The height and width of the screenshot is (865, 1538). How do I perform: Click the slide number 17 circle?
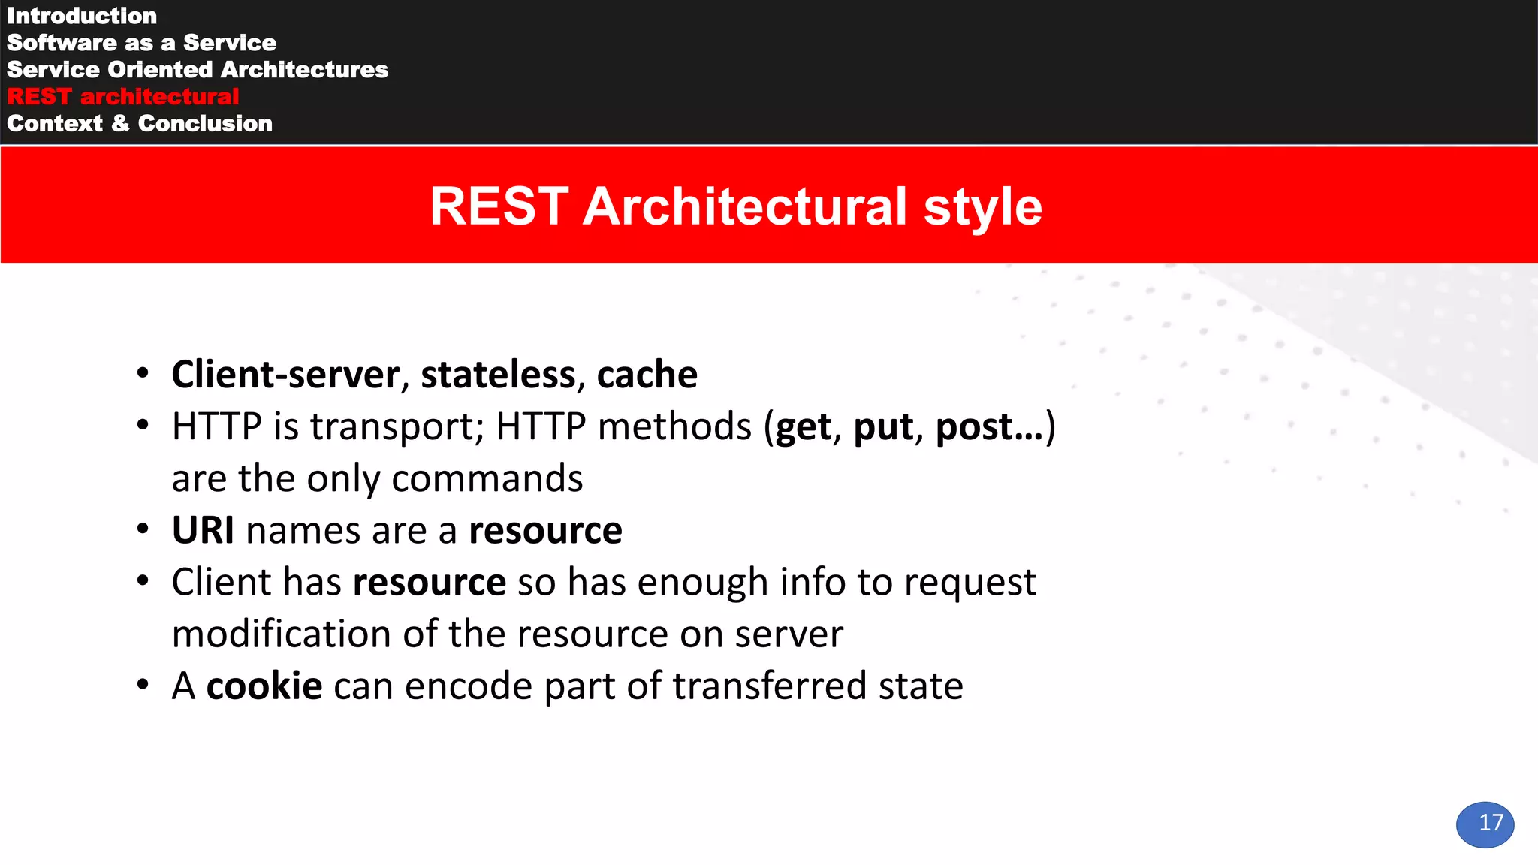[1485, 824]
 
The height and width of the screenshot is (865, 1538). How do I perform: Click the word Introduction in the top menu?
[82, 16]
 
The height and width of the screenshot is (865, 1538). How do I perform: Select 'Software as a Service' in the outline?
[141, 43]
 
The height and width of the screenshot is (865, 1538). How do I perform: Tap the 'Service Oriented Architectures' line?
[198, 70]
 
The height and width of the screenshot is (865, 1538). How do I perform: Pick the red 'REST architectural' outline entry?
[122, 97]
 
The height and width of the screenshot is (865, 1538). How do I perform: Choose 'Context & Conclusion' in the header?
[140, 124]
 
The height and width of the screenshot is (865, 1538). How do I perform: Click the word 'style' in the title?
[982, 207]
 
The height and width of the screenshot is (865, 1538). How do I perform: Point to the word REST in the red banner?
[499, 207]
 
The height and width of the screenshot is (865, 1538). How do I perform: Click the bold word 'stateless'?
[498, 375]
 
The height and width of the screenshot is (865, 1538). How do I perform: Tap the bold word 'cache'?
[647, 375]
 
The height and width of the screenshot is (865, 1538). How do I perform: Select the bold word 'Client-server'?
[285, 375]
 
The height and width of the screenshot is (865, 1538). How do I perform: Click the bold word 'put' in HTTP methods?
[883, 428]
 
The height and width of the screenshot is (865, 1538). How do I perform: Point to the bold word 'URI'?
[203, 531]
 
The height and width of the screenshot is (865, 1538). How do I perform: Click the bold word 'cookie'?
[264, 686]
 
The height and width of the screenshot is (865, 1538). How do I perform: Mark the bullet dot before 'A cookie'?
[143, 686]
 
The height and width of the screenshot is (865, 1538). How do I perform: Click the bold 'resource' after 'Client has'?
[430, 583]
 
